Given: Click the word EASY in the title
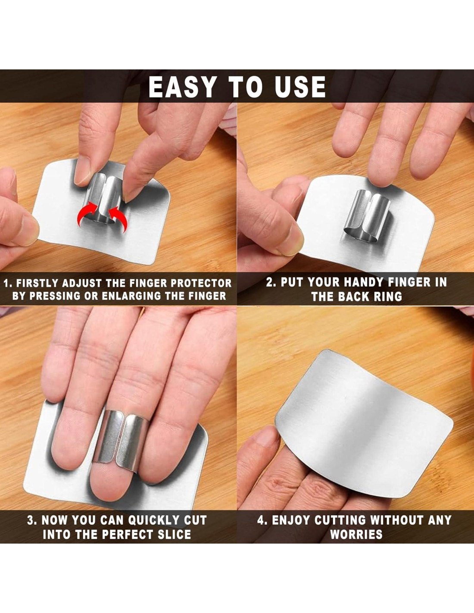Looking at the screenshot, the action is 183,87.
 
